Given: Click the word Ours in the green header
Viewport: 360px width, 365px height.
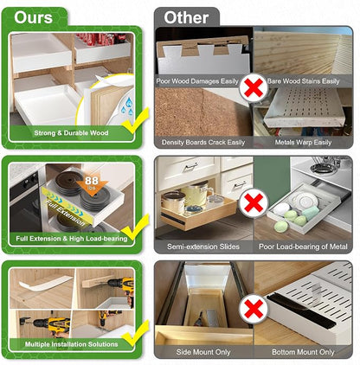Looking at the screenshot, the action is coord(33,17).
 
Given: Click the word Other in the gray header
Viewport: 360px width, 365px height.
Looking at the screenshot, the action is coord(186,18).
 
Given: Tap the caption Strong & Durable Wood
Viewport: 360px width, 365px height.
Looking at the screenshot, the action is coord(71,133).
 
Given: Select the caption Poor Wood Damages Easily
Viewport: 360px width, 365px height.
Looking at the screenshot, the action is coord(197,81).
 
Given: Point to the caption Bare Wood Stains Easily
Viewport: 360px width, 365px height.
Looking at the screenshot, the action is coord(303,81).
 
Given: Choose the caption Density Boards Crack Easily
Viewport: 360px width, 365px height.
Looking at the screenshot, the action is coord(203,143).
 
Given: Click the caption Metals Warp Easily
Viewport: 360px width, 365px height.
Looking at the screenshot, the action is coord(303,143).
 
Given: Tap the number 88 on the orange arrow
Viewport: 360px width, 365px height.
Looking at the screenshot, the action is coord(92,181).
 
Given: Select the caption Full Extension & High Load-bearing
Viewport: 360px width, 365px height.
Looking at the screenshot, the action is coord(72,239).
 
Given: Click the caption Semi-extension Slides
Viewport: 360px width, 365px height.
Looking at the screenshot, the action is coord(203,247).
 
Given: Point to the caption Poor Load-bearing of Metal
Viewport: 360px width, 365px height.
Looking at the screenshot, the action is coord(303,247).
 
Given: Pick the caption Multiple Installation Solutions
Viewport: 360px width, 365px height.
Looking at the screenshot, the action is coord(71,344).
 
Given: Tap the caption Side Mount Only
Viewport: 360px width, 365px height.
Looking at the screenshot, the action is coord(203,352).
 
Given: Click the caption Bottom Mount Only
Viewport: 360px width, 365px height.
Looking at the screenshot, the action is coord(303,352).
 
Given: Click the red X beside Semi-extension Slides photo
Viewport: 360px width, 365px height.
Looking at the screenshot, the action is coord(254,203).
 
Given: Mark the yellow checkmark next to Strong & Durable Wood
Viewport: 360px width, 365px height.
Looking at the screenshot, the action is coord(136,121).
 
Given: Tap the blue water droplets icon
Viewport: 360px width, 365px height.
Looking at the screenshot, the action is coord(126,106).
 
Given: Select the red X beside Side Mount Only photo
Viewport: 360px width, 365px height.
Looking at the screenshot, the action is coord(254,309).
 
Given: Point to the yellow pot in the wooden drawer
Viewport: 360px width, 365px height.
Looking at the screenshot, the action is coord(198,192).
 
